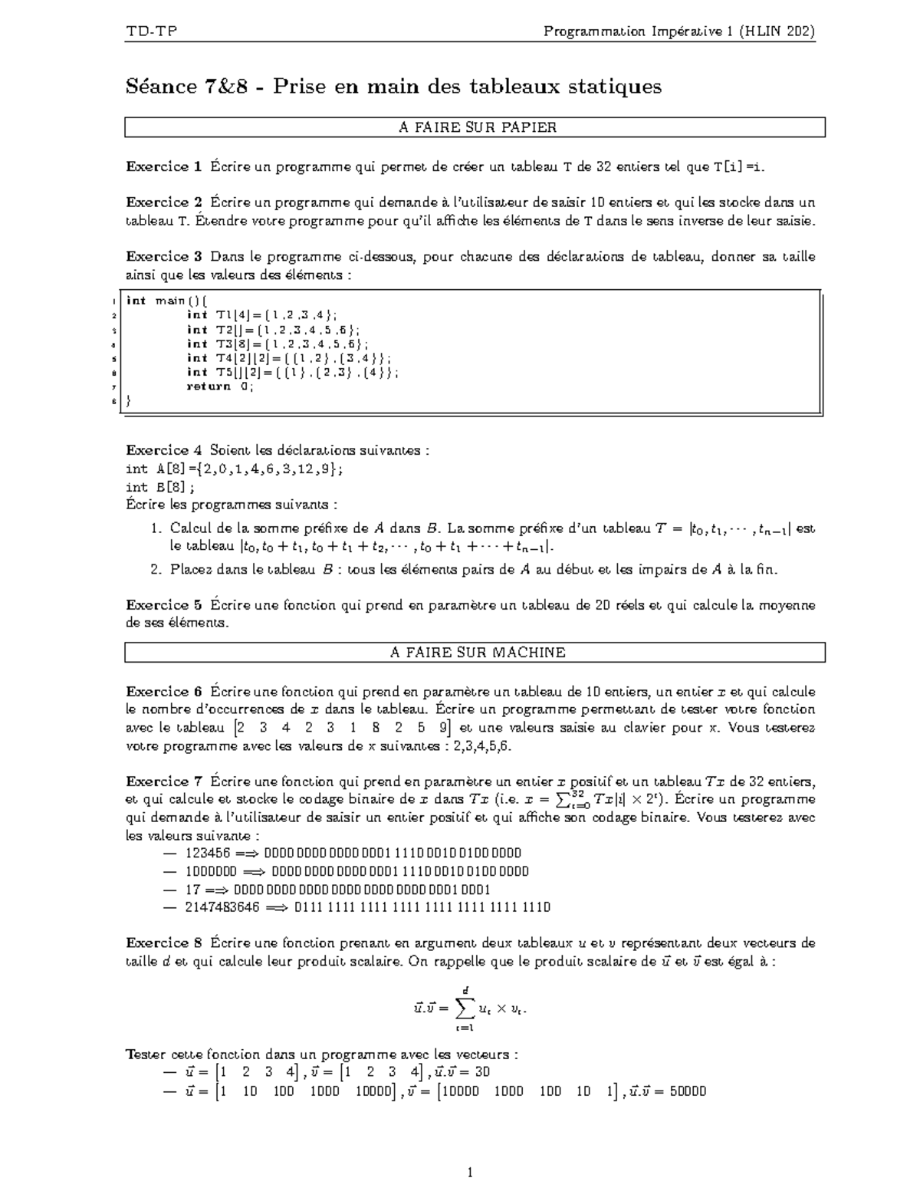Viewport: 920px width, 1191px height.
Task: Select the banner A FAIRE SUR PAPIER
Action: pos(475,127)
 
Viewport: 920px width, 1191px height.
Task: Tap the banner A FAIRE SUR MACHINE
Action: pos(475,653)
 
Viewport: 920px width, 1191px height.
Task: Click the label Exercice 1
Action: pos(163,166)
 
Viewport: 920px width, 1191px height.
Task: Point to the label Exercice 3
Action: pos(163,256)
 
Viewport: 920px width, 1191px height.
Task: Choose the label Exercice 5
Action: pos(163,605)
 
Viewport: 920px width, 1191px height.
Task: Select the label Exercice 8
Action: pos(163,943)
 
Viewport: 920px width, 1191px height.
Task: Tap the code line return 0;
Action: pos(220,386)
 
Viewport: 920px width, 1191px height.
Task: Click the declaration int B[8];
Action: pos(160,487)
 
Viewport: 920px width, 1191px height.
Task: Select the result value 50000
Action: pos(687,1091)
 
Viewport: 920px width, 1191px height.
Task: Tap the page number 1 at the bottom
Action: pos(470,1172)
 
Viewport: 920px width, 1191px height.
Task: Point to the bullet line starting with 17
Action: pos(337,890)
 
